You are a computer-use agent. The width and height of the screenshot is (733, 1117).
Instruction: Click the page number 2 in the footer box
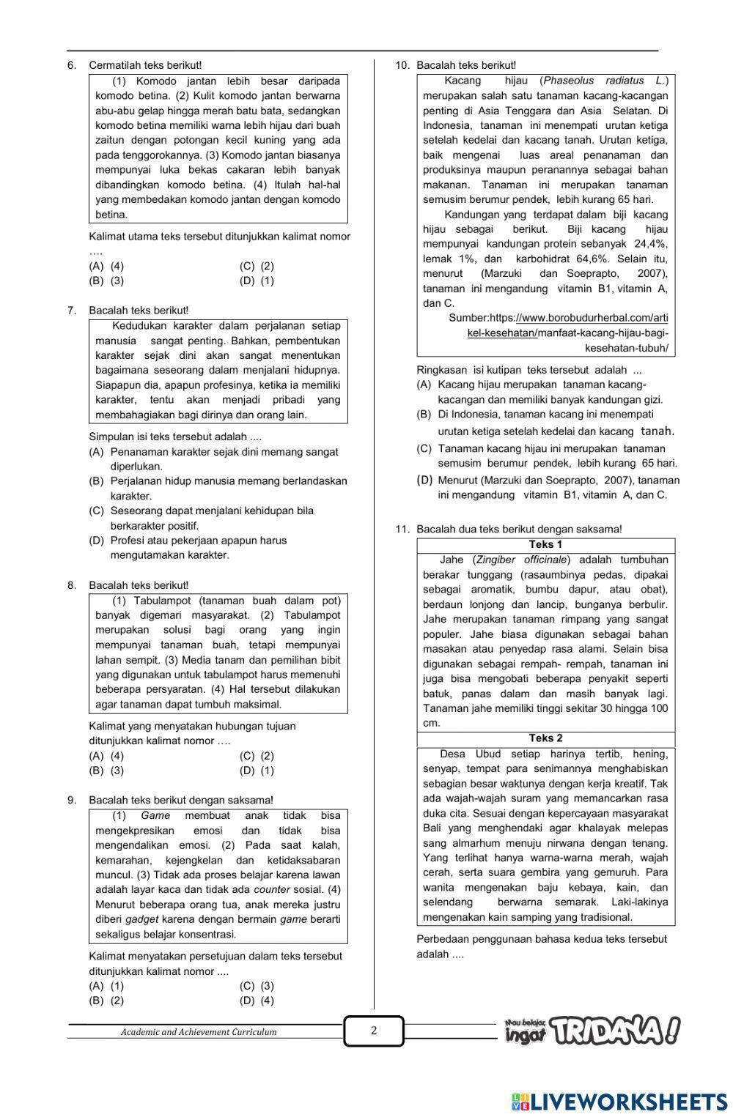point(374,1031)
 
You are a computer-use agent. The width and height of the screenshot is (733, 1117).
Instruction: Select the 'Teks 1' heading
point(545,544)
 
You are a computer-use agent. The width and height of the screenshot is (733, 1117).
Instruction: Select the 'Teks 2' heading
point(545,738)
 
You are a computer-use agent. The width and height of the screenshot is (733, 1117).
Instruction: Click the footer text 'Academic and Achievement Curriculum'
point(199,1032)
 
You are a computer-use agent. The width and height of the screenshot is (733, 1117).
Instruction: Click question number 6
point(72,66)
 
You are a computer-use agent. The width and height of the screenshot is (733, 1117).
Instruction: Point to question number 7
point(72,311)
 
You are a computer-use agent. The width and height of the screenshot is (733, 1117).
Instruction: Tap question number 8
point(72,585)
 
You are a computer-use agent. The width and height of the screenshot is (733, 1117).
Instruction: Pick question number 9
point(72,800)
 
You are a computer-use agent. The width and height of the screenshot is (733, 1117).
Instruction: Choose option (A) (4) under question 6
point(106,266)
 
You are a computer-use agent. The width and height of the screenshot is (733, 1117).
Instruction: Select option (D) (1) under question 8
point(257,771)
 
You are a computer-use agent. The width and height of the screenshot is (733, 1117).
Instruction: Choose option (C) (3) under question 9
point(257,986)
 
